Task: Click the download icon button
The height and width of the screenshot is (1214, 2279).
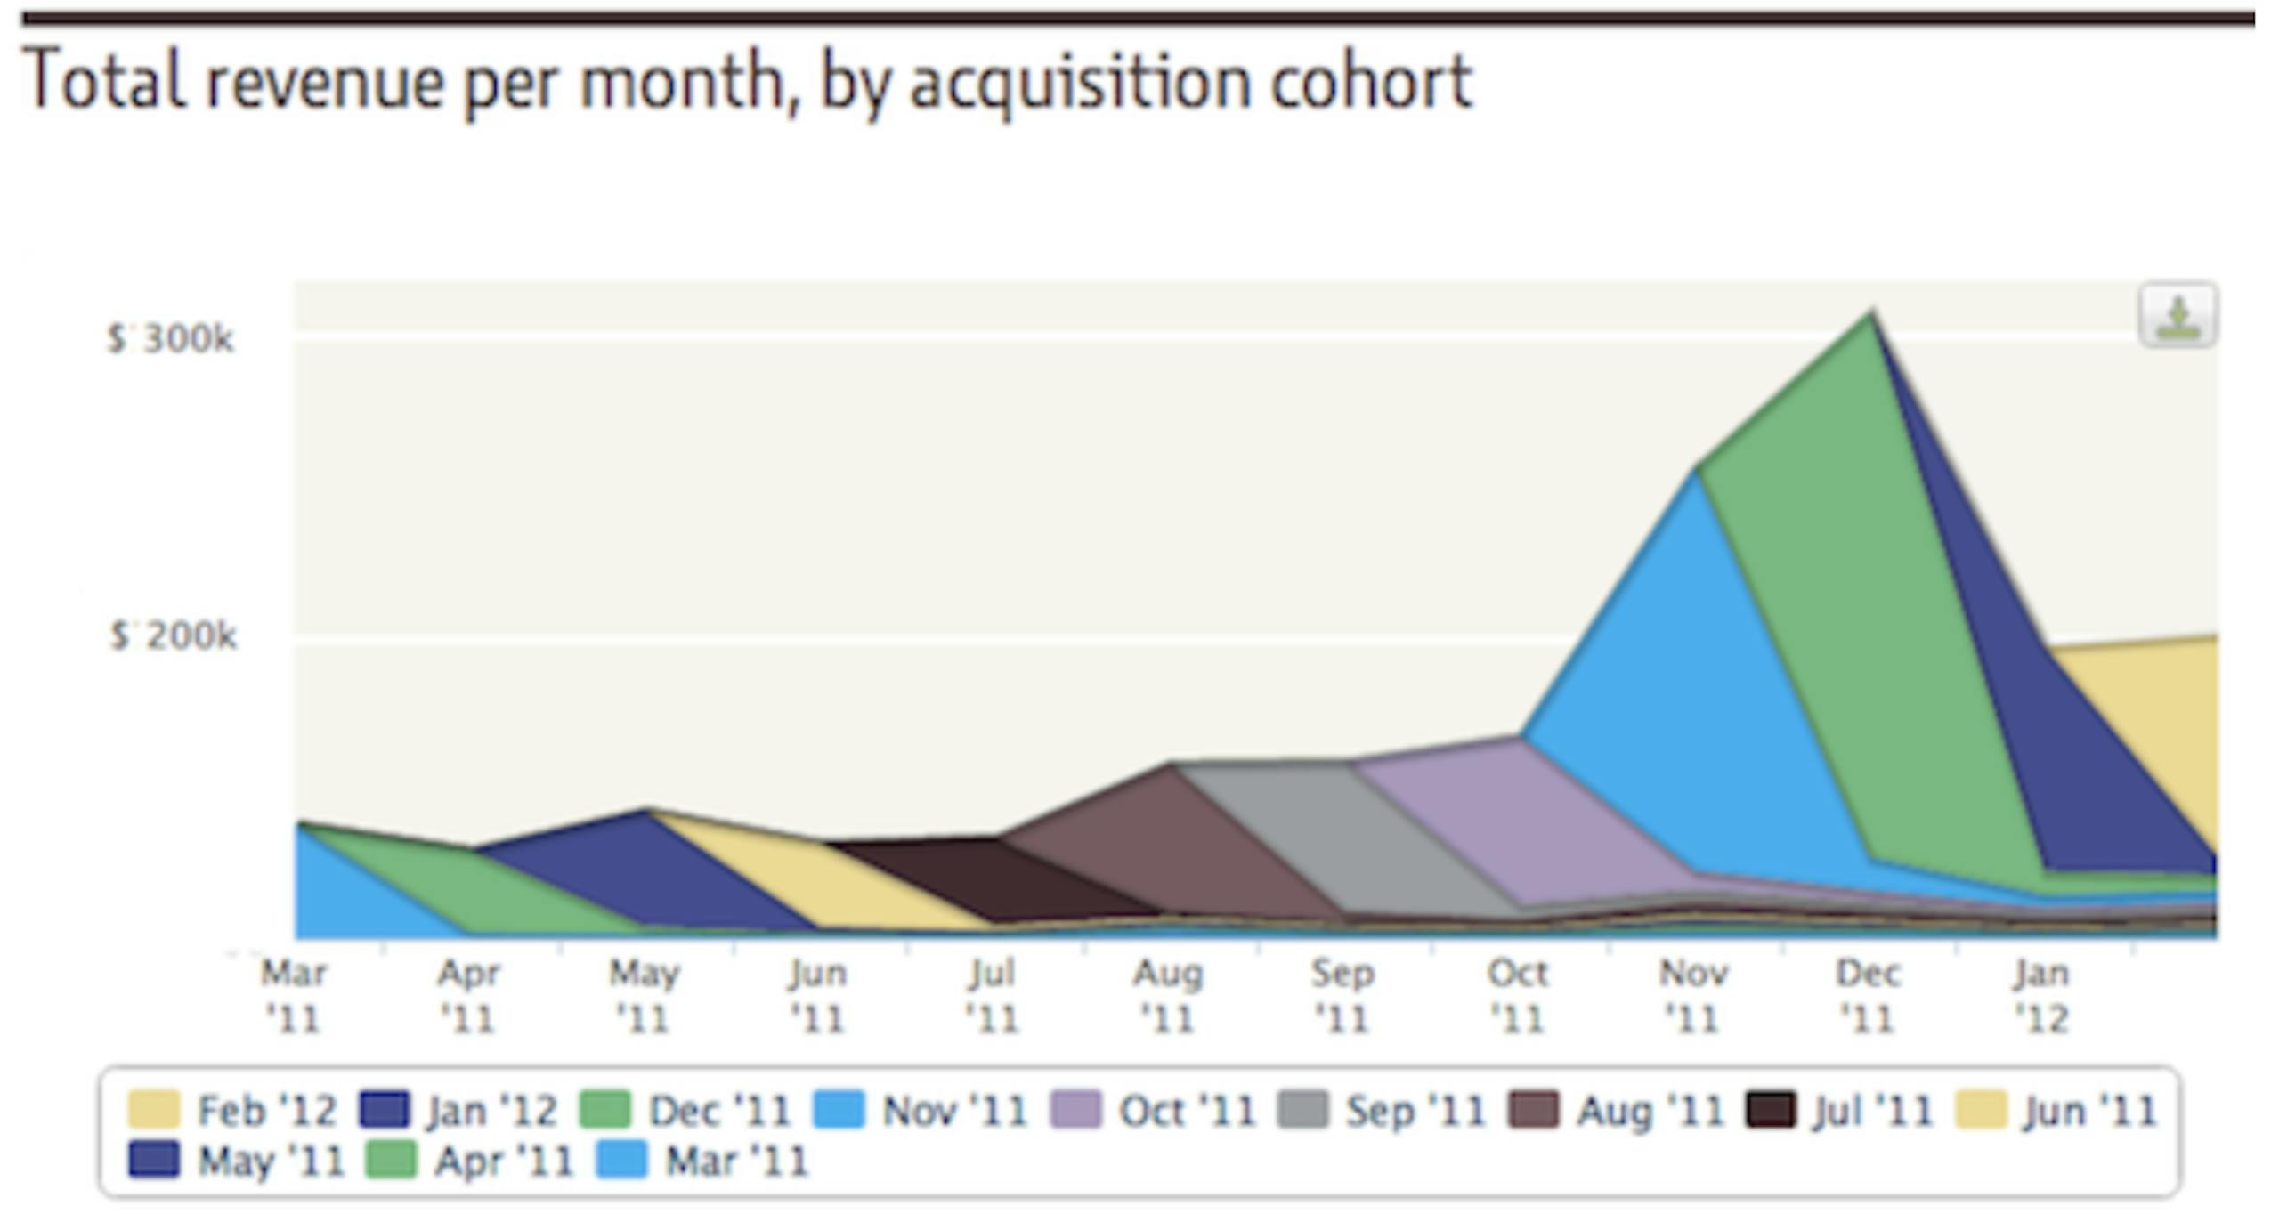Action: tap(2178, 315)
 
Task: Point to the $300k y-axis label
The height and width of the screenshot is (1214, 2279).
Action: tap(171, 339)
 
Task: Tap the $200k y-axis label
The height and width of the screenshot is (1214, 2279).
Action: tap(174, 636)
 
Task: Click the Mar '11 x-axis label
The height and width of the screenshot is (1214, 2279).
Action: tap(294, 995)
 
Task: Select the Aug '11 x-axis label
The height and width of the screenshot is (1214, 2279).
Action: tap(1168, 995)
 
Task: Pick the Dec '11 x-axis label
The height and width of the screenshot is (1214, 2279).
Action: tap(1868, 995)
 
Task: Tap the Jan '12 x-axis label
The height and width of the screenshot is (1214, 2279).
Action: tap(2042, 995)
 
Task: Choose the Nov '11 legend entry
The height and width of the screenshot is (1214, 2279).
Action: tap(921, 1111)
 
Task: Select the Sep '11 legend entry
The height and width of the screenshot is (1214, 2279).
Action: tap(1383, 1111)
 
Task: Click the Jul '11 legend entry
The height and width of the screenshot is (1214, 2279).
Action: tap(1841, 1111)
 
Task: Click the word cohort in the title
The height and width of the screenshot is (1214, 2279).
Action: tap(1371, 82)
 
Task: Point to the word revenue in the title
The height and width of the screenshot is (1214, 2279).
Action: tap(325, 82)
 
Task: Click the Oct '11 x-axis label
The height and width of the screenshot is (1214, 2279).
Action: tap(1518, 995)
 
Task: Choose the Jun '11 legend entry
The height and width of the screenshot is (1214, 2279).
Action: tap(2056, 1111)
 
